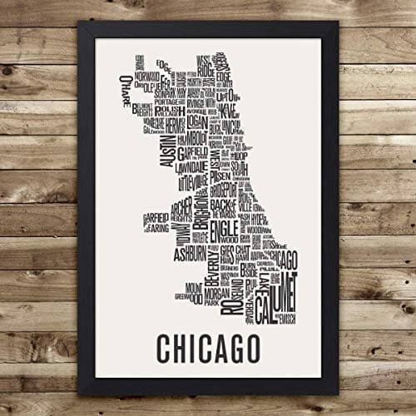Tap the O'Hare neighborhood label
click(127, 86)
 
